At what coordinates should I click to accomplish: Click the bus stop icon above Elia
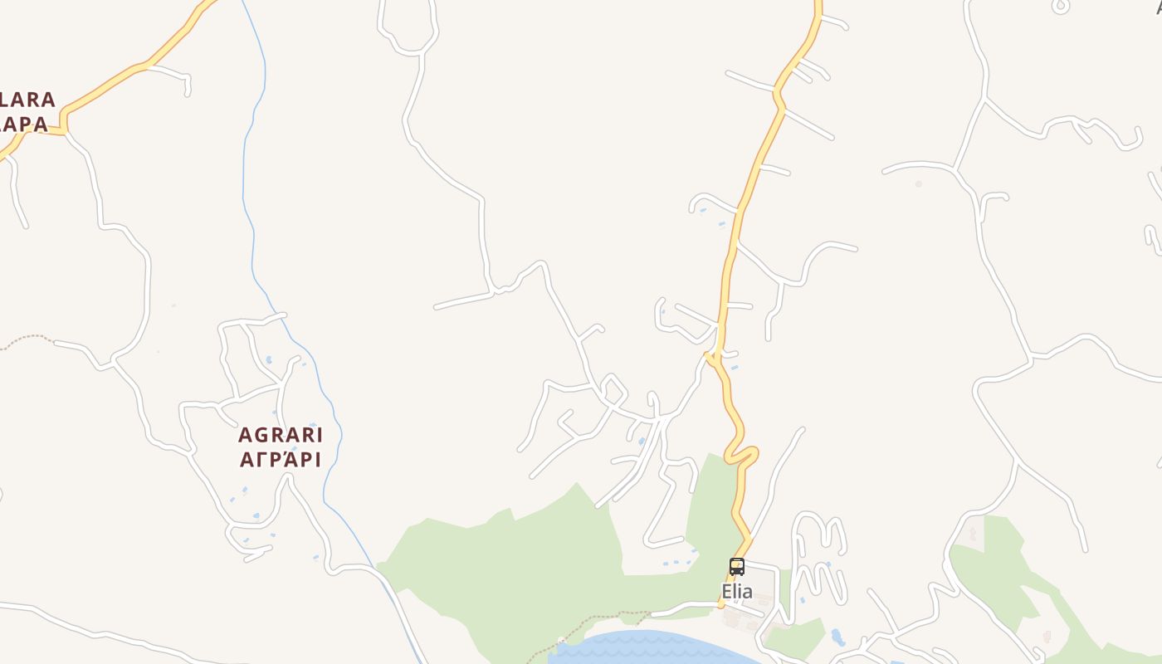(x=737, y=567)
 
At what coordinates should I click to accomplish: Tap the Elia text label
(x=737, y=592)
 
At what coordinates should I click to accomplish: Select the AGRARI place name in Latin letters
(x=281, y=435)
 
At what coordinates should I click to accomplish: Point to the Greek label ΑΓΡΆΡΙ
(x=281, y=459)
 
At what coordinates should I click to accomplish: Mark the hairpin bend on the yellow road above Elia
(x=741, y=455)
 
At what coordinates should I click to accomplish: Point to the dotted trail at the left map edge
(x=25, y=338)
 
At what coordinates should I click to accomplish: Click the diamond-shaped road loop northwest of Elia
(x=613, y=390)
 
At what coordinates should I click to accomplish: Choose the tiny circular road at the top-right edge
(x=1061, y=7)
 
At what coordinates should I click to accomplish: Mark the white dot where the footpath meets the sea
(x=561, y=639)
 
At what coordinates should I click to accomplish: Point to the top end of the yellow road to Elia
(x=818, y=4)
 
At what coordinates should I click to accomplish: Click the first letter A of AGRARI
(x=245, y=435)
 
